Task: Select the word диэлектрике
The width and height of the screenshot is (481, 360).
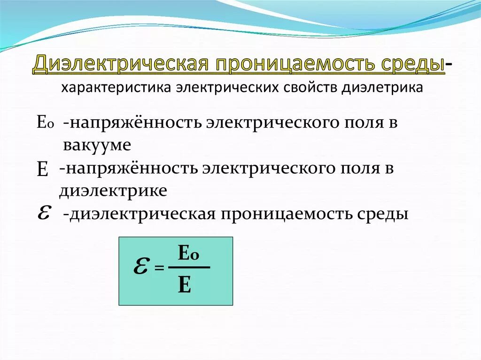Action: [113, 191]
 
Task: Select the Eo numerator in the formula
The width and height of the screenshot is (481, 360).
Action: [189, 254]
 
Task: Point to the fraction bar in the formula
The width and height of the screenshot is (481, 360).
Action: [189, 268]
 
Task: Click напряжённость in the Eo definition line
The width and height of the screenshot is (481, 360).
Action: [133, 123]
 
